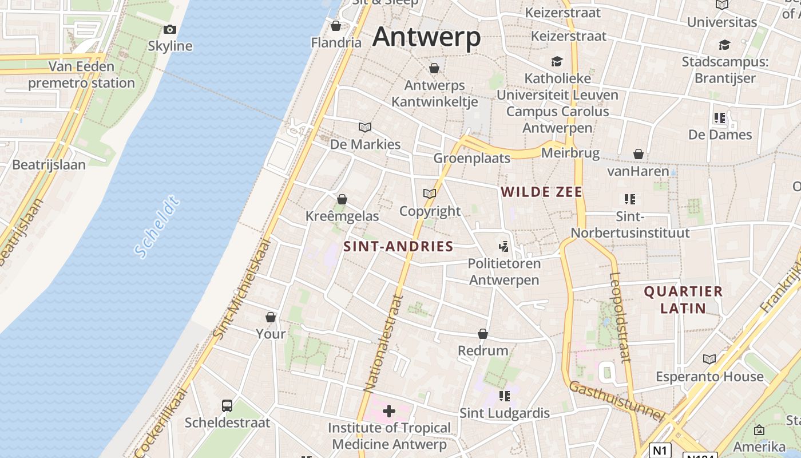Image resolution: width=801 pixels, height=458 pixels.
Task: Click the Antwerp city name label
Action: (426, 38)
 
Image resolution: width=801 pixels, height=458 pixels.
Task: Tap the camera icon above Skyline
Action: (170, 30)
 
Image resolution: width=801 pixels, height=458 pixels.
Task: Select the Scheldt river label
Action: (157, 227)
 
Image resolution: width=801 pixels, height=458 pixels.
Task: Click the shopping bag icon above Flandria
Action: (336, 26)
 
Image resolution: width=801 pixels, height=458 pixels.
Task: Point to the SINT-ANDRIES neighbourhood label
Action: (398, 247)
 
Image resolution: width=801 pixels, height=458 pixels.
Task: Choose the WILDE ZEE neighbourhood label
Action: (541, 192)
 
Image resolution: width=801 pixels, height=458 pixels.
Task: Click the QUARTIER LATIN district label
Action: (683, 299)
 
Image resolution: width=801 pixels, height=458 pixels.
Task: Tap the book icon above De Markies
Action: (365, 127)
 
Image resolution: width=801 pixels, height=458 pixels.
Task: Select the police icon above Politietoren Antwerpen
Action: (503, 247)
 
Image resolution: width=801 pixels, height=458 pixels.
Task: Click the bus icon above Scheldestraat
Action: (227, 406)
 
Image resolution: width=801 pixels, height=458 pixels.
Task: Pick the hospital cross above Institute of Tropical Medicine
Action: (389, 410)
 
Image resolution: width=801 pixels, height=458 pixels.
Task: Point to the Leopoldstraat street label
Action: (620, 317)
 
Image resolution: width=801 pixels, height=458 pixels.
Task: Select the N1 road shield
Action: (660, 450)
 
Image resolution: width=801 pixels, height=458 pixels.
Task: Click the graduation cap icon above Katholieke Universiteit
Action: (557, 61)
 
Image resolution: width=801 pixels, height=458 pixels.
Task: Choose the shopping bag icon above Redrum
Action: (483, 334)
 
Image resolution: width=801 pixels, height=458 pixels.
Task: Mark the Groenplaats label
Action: (472, 158)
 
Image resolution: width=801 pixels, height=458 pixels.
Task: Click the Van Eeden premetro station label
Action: (81, 75)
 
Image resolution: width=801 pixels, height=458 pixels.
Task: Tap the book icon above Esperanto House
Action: (709, 359)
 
